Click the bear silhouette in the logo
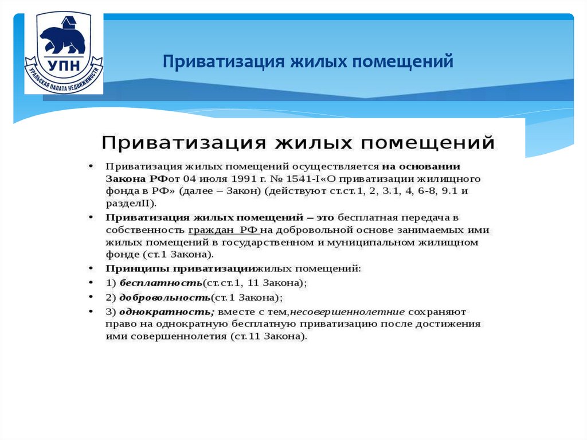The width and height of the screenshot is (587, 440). click(x=62, y=39)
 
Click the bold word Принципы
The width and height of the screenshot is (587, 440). click(x=136, y=268)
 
